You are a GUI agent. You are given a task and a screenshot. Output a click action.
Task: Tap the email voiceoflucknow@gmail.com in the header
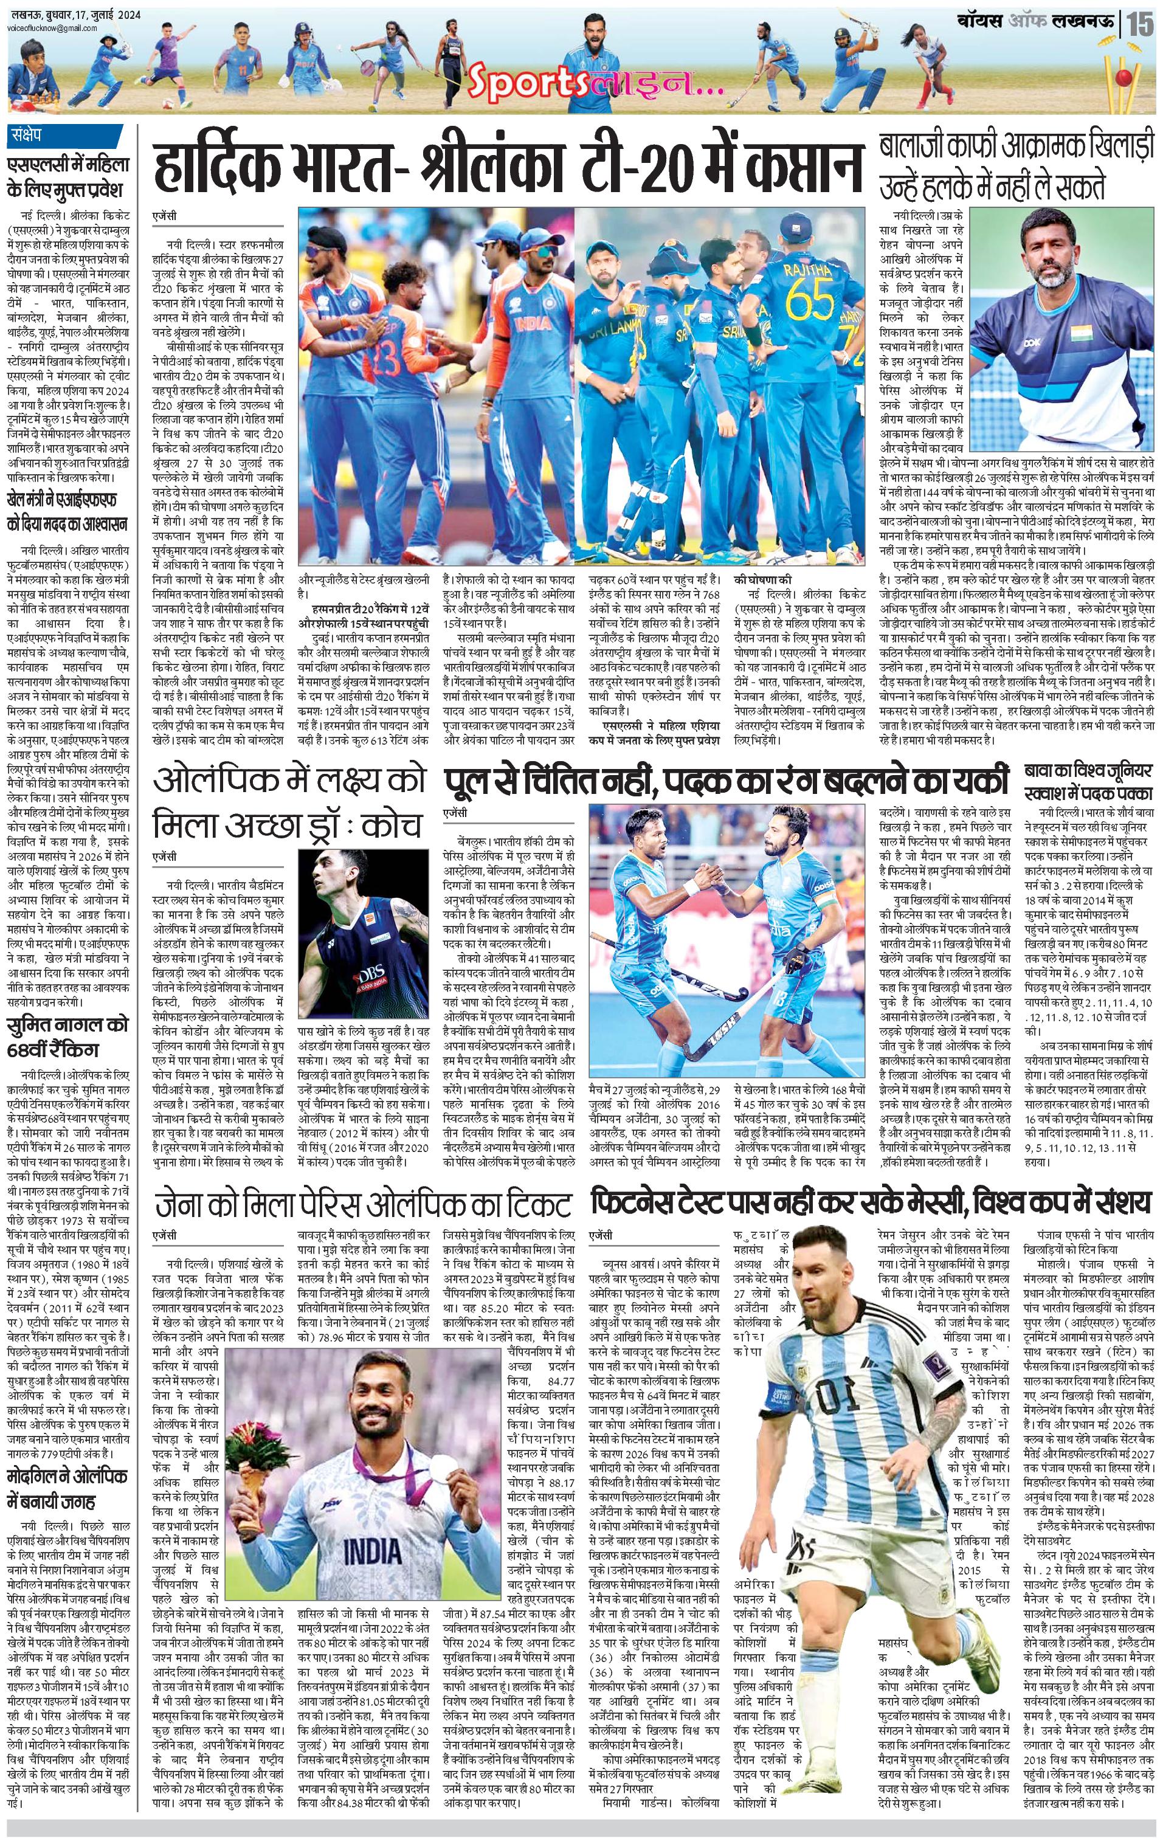50,29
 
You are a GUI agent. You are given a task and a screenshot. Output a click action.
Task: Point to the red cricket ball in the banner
1124,77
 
